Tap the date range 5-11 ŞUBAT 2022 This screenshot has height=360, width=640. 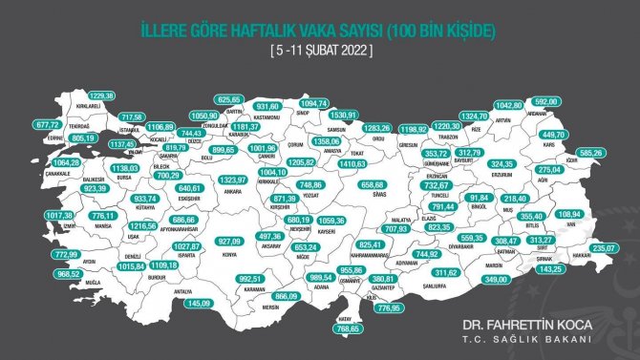pyautogui.click(x=319, y=49)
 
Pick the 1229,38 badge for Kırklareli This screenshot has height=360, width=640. pyautogui.click(x=100, y=95)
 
